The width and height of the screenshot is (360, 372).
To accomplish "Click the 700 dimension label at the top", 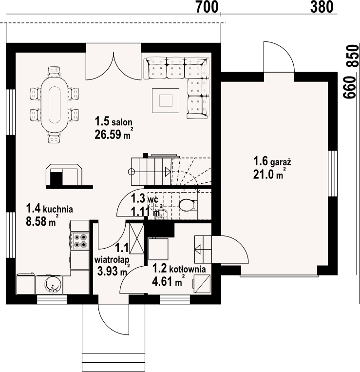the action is [x=207, y=7].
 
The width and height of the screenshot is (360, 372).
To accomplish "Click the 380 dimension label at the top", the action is [x=322, y=7].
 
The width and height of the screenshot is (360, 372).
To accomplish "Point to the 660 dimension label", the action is [x=350, y=88].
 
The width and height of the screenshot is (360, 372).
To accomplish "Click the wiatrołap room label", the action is [x=112, y=260].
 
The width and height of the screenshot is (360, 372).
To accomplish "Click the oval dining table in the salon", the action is [x=55, y=104].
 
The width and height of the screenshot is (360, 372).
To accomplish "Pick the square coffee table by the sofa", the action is [x=166, y=100].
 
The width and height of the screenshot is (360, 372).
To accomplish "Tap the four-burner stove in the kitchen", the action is [x=80, y=241].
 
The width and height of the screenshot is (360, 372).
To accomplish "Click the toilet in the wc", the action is [x=188, y=205].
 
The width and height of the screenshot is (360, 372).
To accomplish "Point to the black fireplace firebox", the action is [x=57, y=178].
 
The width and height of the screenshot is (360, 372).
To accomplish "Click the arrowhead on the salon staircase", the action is [x=168, y=171].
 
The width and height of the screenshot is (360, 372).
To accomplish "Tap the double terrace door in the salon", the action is [x=114, y=66].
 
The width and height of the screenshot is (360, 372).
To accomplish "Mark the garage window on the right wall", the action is [x=333, y=174].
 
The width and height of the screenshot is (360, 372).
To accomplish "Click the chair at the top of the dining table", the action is [x=54, y=72].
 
